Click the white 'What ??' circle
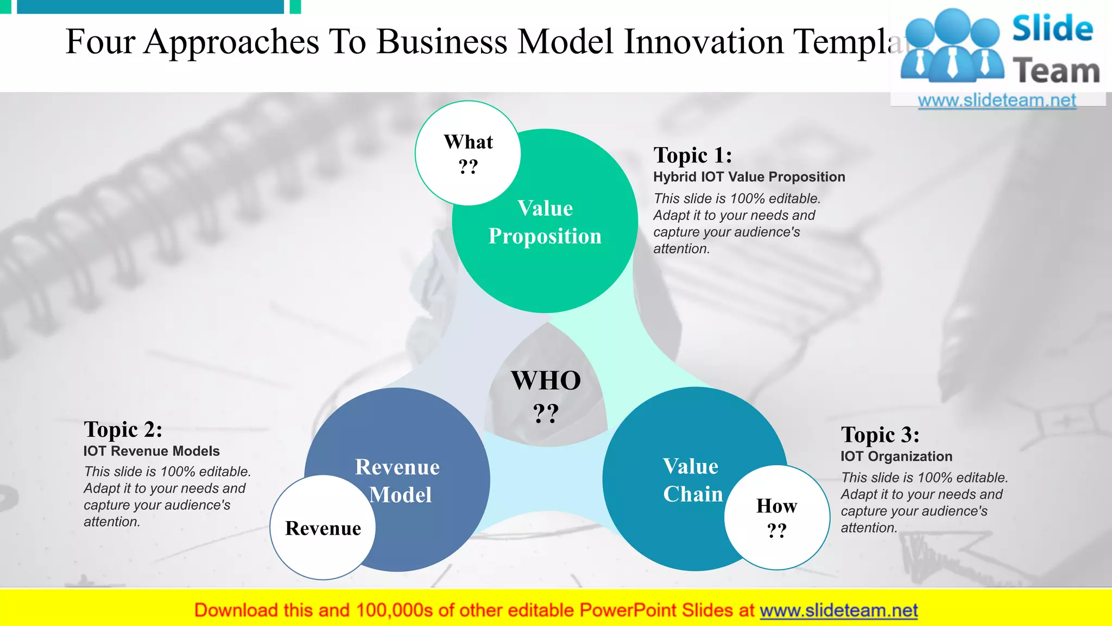[468, 153]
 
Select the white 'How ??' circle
[776, 517]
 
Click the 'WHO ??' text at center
[546, 396]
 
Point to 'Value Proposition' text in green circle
[545, 222]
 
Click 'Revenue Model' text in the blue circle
[398, 480]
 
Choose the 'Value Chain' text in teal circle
[692, 480]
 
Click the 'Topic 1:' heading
[693, 155]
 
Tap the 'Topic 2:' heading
[123, 429]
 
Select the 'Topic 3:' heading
[880, 435]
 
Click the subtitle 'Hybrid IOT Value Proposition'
[749, 177]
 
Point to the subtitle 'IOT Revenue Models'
[151, 451]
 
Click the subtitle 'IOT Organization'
[896, 456]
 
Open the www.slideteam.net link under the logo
[997, 101]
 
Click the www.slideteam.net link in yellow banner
[838, 610]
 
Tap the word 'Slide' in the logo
[1052, 29]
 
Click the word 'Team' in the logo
[1056, 71]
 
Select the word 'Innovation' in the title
[704, 42]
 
